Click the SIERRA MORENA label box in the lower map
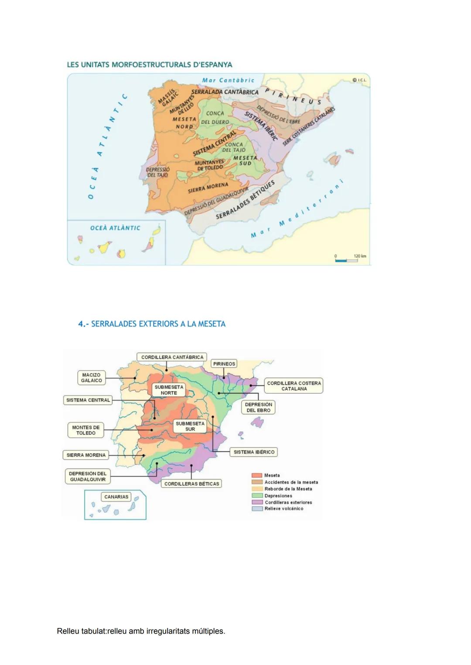click(x=86, y=455)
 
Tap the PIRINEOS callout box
click(x=224, y=364)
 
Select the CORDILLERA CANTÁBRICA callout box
click(x=172, y=357)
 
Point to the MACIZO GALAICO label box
click(x=91, y=378)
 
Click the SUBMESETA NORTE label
click(x=169, y=390)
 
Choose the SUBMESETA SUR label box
click(x=190, y=426)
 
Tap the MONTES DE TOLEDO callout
click(x=85, y=430)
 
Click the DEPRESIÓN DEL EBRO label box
click(x=258, y=407)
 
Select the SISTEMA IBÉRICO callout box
click(x=254, y=452)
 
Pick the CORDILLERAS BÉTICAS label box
click(x=191, y=484)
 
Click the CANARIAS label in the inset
click(x=116, y=497)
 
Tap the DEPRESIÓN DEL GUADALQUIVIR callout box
click(x=88, y=476)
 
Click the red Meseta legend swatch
click(x=257, y=475)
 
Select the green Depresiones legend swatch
click(x=257, y=496)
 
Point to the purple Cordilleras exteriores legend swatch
click(x=257, y=502)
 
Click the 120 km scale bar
click(x=346, y=260)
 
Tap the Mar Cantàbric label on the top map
click(x=228, y=80)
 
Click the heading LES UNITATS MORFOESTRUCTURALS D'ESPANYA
click(x=149, y=65)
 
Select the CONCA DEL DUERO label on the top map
click(x=215, y=118)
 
